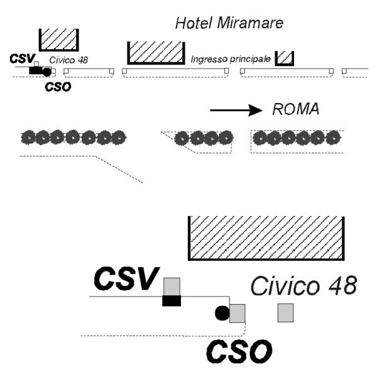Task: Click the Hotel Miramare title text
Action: [x=229, y=23]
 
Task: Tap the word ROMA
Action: [x=296, y=109]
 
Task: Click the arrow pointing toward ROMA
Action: [x=236, y=111]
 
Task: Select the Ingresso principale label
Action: [x=231, y=59]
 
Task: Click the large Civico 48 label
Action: [x=304, y=286]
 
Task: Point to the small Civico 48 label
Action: [x=68, y=60]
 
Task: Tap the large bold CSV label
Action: [x=127, y=278]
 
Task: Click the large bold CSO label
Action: [x=239, y=351]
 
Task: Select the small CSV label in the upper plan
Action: [x=23, y=58]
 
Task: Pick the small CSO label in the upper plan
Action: [x=58, y=87]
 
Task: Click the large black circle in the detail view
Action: [x=222, y=314]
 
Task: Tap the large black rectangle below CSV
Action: [x=172, y=301]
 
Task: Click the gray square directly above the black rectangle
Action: [x=172, y=287]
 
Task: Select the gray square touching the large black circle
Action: [x=238, y=314]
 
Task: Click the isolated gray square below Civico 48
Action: [x=286, y=313]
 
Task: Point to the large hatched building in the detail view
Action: [x=266, y=238]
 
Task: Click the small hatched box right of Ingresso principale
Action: [x=285, y=58]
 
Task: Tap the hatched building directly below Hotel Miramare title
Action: [x=156, y=53]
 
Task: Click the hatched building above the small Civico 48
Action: [x=59, y=40]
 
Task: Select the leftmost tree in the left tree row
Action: [x=28, y=138]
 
